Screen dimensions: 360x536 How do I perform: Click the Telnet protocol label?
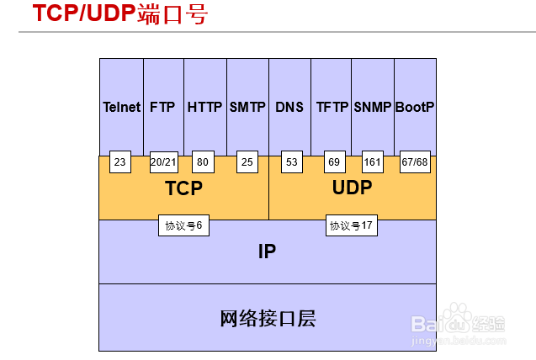(x=121, y=108)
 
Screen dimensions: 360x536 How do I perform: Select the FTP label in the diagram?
(x=162, y=108)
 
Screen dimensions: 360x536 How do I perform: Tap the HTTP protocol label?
(x=204, y=108)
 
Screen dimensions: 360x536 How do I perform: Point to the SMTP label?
(x=247, y=108)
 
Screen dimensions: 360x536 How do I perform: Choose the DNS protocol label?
(x=289, y=108)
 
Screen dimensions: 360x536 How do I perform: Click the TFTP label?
(x=332, y=108)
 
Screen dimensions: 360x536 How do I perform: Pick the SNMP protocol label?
(x=373, y=108)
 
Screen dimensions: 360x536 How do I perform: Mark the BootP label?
(x=415, y=108)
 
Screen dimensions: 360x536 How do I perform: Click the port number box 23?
(x=120, y=162)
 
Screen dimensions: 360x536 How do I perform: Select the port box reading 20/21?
(x=163, y=162)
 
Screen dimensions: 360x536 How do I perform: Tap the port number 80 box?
(x=202, y=162)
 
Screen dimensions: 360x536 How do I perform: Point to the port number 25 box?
(x=247, y=162)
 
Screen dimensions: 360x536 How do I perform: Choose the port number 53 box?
(x=291, y=162)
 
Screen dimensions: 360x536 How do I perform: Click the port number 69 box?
(x=334, y=162)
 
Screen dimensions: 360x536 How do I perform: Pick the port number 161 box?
(x=373, y=162)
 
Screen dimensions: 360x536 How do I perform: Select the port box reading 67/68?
(x=414, y=162)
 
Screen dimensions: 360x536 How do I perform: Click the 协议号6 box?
(x=183, y=225)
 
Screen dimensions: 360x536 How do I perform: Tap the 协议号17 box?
(x=351, y=225)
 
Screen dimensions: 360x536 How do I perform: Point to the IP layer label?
(x=267, y=251)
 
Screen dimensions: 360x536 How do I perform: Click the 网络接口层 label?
(x=267, y=319)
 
